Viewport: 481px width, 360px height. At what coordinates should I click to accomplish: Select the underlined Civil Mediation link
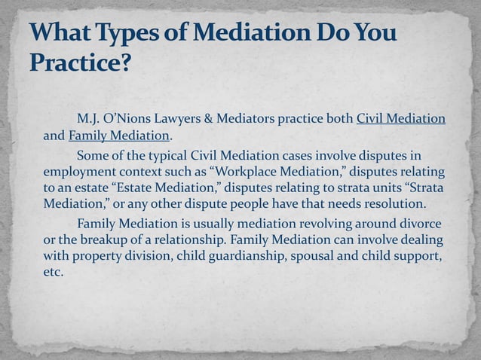point(400,119)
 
